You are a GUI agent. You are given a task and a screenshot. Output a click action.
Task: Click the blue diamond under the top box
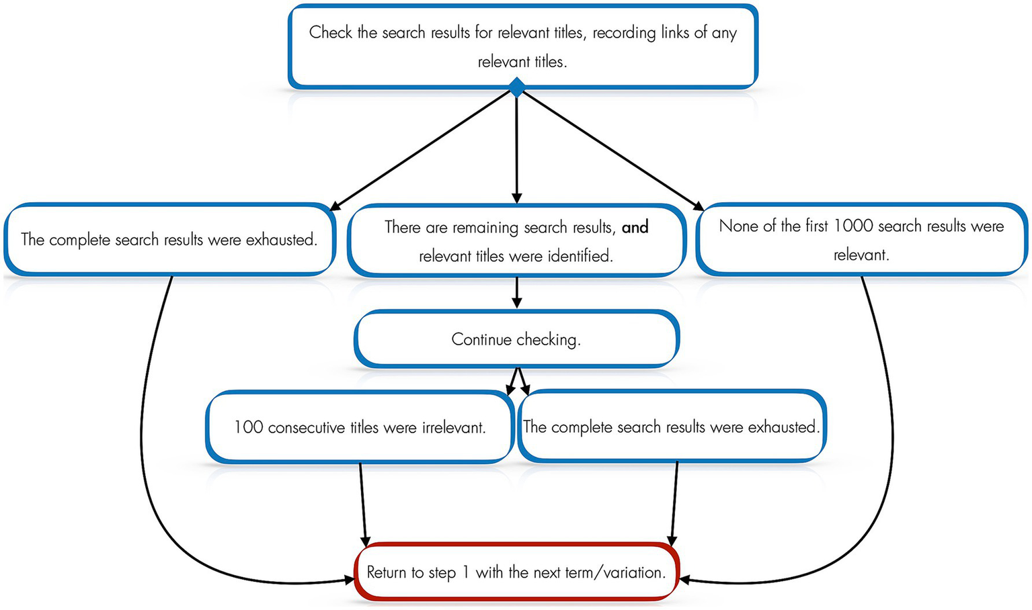tap(516, 87)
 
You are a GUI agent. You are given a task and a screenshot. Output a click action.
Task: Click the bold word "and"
tap(635, 227)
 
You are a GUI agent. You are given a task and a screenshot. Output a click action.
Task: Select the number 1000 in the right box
tap(853, 226)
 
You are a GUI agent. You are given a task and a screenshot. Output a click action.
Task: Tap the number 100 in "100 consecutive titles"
tap(248, 427)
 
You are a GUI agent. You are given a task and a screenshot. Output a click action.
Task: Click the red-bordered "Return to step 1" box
tap(516, 572)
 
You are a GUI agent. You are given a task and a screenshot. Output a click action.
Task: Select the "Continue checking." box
tap(516, 339)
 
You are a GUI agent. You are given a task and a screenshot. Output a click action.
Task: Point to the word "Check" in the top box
tap(330, 32)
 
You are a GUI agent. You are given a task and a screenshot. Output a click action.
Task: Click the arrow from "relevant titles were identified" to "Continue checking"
tap(516, 293)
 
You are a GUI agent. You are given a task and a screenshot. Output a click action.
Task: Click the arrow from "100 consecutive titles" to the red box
tap(363, 504)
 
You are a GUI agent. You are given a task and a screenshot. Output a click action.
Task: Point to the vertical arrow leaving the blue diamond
tap(516, 148)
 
